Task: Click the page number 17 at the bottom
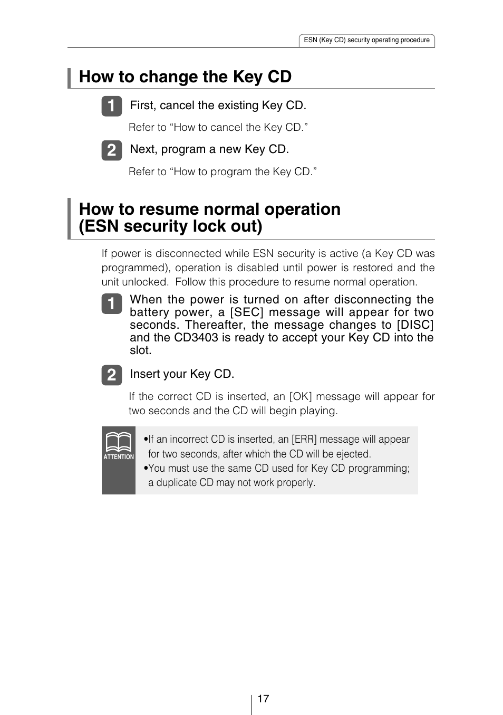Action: (263, 699)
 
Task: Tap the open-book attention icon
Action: (118, 442)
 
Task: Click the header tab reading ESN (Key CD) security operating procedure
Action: (366, 40)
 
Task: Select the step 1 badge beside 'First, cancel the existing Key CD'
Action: (111, 106)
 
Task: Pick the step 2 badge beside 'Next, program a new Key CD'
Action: (111, 150)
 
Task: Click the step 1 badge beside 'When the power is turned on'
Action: (111, 304)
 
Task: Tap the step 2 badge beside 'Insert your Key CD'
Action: (111, 375)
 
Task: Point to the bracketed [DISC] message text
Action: (415, 325)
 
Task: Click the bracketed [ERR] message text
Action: (304, 439)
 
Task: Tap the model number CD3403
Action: (196, 338)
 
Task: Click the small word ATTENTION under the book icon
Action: (119, 457)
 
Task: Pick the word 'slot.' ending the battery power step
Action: (141, 350)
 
